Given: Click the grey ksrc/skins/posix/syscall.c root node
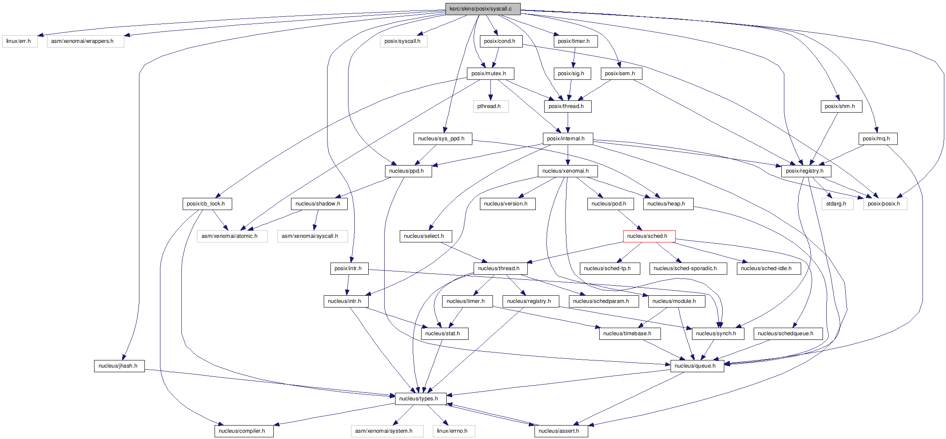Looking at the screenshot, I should point(482,9).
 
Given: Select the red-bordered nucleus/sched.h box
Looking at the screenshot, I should point(649,236).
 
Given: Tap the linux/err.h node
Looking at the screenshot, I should point(19,41).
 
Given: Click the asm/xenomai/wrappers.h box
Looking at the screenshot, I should point(85,41).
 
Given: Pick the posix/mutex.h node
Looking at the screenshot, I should point(490,74).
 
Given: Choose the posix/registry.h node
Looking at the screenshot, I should point(806,171).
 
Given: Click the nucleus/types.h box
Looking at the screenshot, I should point(420,399).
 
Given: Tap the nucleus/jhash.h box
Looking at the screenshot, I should point(119,366).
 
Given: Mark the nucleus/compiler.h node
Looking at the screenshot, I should point(244,431).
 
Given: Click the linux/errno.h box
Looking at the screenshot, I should point(453,431).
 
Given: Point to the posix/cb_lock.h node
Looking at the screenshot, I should point(207,204).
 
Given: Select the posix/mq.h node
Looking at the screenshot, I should point(878,139).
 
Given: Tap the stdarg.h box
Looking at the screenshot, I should point(837,204).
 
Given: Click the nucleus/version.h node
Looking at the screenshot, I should point(507,204).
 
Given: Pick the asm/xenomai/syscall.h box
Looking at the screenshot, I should point(312,236).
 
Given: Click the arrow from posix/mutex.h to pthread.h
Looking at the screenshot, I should point(490,90).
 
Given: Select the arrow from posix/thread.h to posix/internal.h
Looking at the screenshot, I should point(568,123).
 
